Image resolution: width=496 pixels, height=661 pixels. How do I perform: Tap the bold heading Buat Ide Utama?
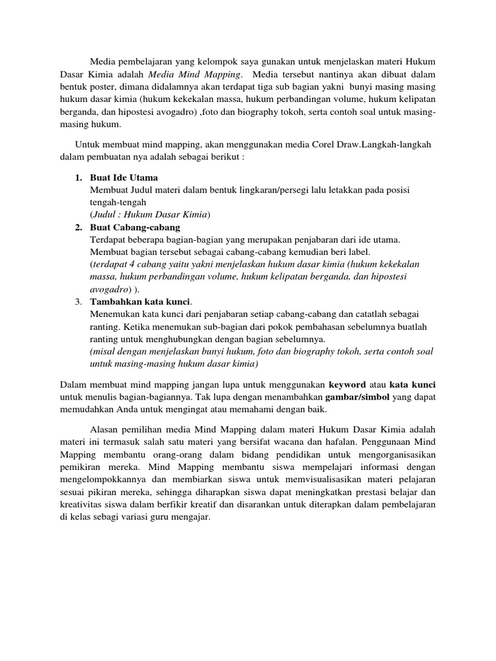(x=124, y=178)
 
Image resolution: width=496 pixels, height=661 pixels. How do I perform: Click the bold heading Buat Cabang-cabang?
(x=136, y=227)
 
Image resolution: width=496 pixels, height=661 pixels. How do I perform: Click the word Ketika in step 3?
(x=138, y=327)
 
